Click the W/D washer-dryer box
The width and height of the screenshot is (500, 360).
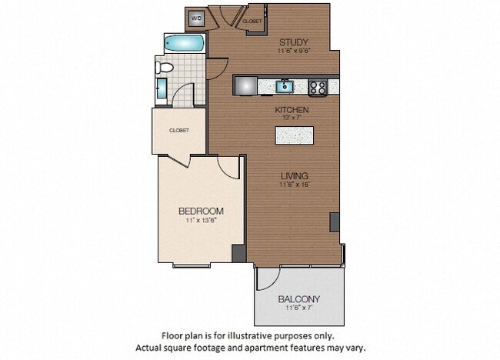pyautogui.click(x=197, y=18)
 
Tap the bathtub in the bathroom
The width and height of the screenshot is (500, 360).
pyautogui.click(x=184, y=43)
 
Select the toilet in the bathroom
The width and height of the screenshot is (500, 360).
pyautogui.click(x=163, y=68)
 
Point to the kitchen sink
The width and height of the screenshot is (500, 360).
pyautogui.click(x=285, y=85)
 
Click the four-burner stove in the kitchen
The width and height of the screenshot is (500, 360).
pyautogui.click(x=318, y=87)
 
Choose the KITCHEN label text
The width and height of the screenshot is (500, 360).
pyautogui.click(x=292, y=110)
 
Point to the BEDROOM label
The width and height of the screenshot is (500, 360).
pyautogui.click(x=201, y=211)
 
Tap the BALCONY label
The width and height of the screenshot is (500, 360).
pyautogui.click(x=298, y=298)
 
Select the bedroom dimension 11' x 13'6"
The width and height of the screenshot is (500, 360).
pyautogui.click(x=201, y=221)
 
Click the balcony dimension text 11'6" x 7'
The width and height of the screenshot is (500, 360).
pyautogui.click(x=298, y=308)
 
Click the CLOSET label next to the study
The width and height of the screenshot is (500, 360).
pyautogui.click(x=252, y=22)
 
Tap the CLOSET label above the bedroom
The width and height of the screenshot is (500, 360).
pyautogui.click(x=178, y=130)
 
